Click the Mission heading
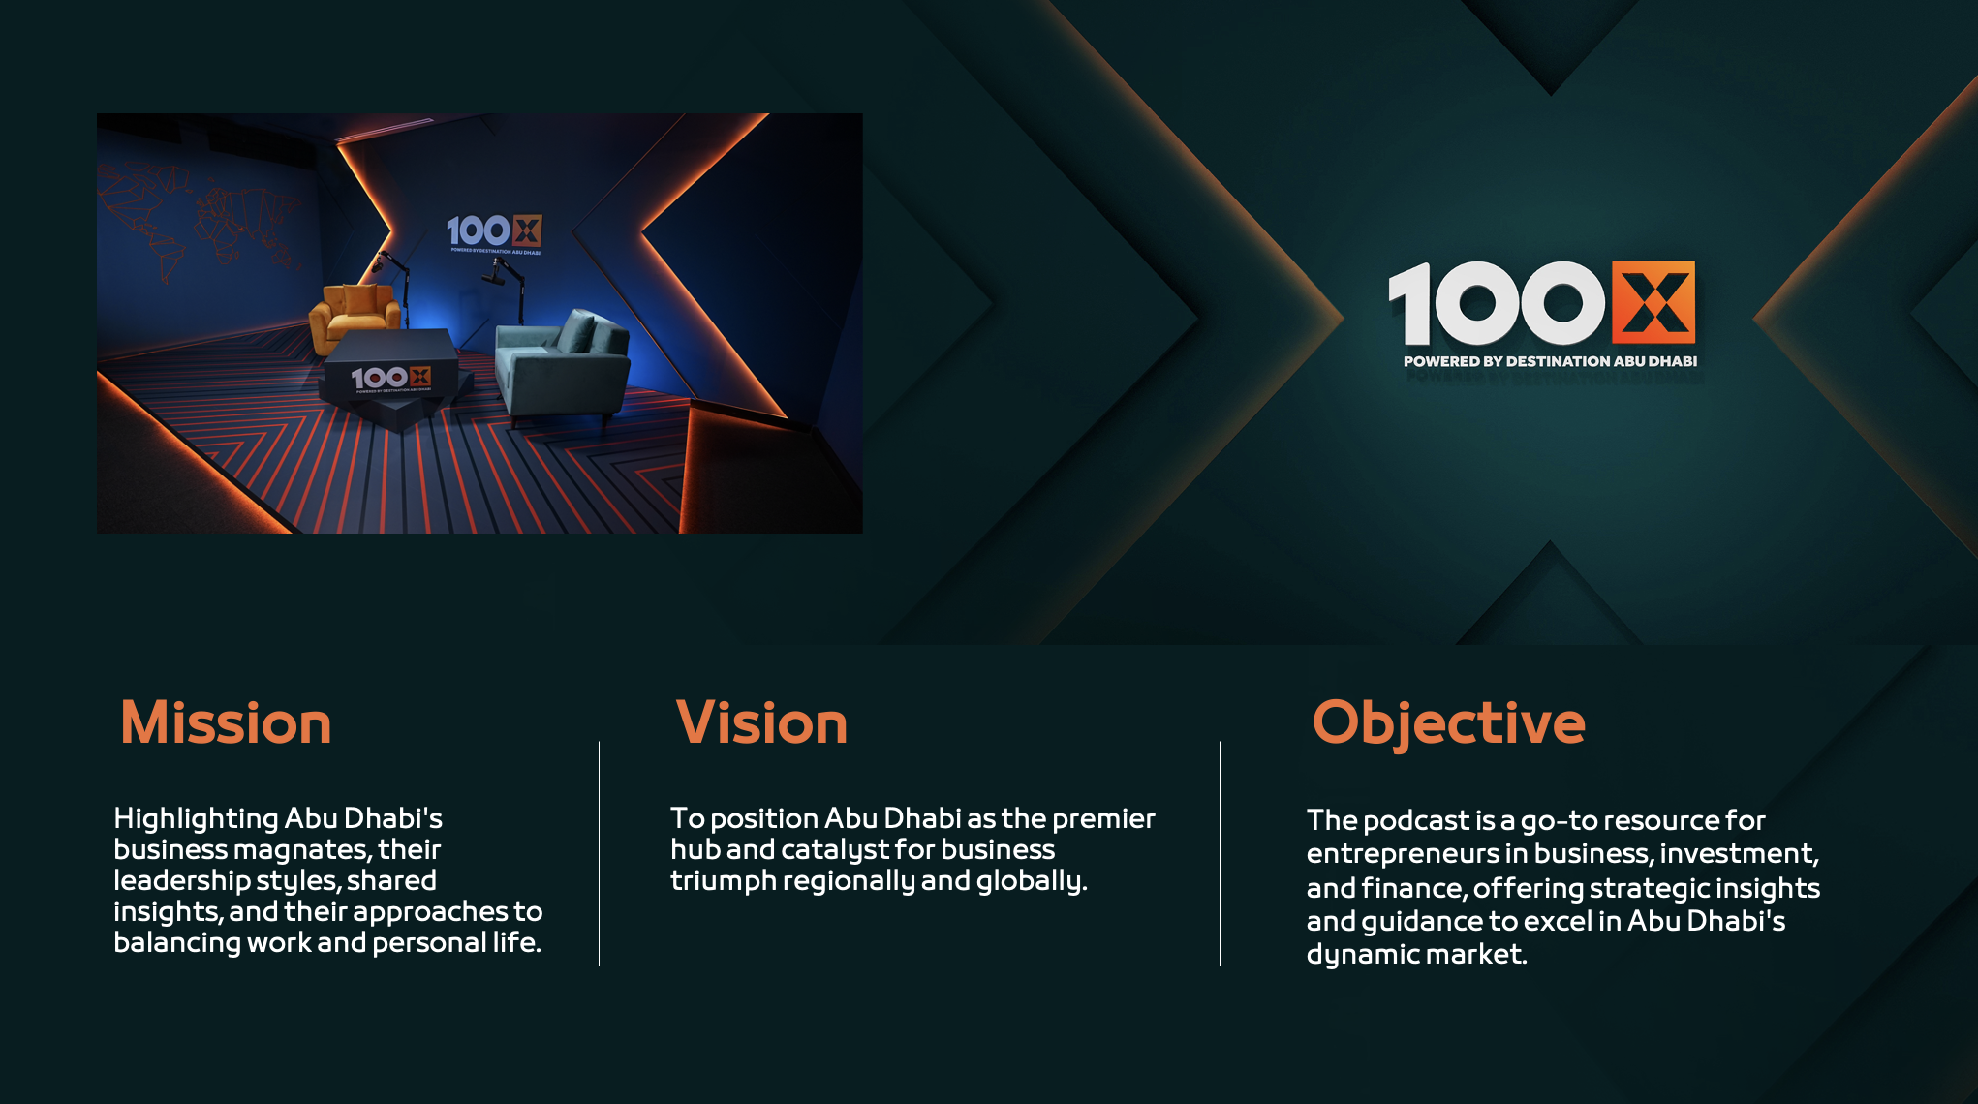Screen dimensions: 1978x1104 click(226, 723)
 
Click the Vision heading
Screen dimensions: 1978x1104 click(761, 723)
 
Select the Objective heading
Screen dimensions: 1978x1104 click(1448, 724)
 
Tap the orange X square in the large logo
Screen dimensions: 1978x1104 click(1653, 302)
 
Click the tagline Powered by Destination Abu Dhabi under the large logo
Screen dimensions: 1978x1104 click(1550, 361)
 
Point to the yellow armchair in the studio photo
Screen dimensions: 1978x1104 click(355, 315)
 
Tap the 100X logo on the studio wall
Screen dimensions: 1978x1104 click(494, 231)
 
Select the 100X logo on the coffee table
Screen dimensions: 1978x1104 click(390, 378)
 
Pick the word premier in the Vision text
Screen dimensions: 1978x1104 click(1103, 819)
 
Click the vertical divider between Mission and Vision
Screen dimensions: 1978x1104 click(600, 854)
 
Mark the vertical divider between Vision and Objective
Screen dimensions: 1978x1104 click(1221, 854)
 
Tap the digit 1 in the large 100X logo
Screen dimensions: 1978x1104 click(1410, 303)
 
